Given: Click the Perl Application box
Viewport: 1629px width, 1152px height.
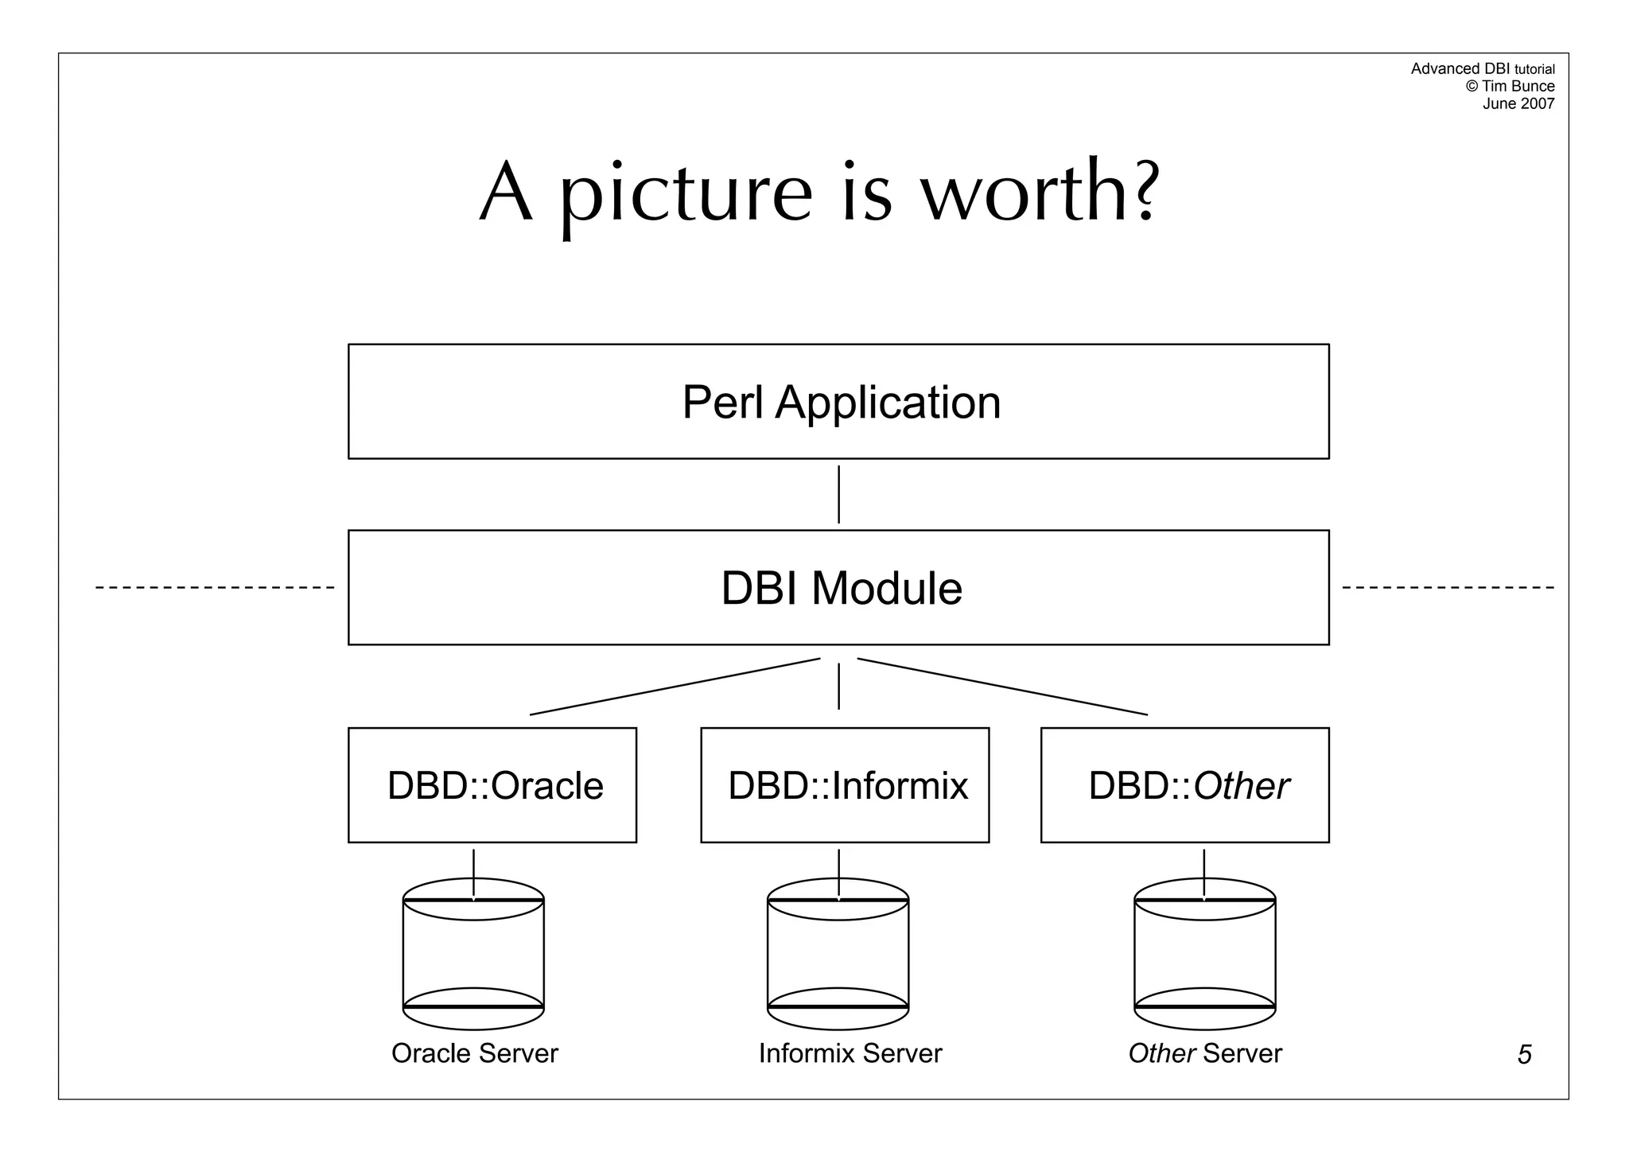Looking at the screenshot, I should (838, 402).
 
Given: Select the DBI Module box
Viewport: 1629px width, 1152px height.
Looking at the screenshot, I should (838, 588).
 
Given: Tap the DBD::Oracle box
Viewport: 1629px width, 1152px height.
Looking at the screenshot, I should (492, 785).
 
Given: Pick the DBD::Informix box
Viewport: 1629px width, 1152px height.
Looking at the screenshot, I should (845, 785).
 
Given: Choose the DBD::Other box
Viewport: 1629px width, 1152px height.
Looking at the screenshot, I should (1184, 785).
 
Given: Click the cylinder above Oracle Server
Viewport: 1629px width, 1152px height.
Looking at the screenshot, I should (473, 955).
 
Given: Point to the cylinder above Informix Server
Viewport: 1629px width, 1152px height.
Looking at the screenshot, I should (838, 955).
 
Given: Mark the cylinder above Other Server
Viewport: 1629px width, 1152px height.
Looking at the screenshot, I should (1204, 955).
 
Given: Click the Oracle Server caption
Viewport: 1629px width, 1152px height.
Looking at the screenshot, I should (475, 1053).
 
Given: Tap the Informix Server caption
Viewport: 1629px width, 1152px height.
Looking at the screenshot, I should (849, 1053).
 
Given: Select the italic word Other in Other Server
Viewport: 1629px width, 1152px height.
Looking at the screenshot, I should (1161, 1053).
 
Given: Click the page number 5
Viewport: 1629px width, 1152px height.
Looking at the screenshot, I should (1524, 1055).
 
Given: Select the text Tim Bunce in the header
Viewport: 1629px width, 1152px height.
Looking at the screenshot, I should (1518, 86).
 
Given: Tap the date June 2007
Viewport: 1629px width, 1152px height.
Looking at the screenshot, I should (1518, 103).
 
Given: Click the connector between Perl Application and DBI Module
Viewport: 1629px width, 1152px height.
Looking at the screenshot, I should (838, 494).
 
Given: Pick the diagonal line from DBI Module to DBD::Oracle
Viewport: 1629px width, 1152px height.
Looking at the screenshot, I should (675, 687).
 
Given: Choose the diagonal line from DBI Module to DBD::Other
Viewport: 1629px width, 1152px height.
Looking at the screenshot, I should (1002, 687).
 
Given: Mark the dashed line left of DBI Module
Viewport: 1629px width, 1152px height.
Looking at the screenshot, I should (215, 588).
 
